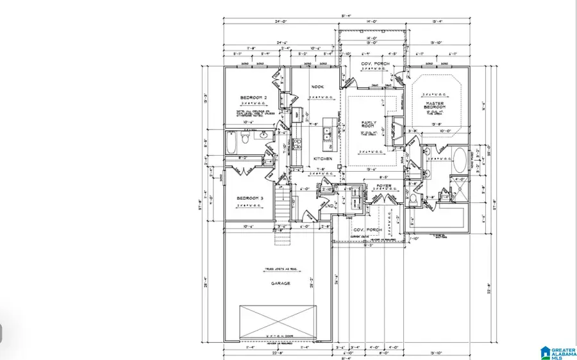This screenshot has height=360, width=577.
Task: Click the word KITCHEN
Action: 322,159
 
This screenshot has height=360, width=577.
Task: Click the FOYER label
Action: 384,187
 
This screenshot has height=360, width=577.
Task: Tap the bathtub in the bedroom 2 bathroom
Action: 231,142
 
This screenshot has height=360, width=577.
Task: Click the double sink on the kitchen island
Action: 326,134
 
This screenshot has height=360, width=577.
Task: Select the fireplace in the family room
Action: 396,131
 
